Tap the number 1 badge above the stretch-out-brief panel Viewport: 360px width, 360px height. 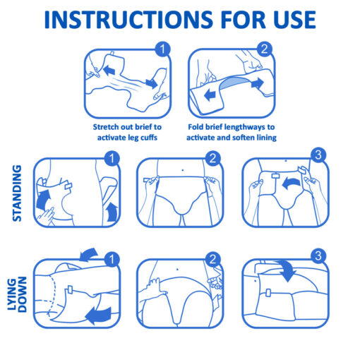[x=164, y=50]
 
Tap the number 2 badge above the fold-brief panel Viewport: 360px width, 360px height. [x=265, y=50]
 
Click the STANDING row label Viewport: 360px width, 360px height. [x=18, y=193]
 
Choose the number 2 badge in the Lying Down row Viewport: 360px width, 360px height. [x=215, y=260]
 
